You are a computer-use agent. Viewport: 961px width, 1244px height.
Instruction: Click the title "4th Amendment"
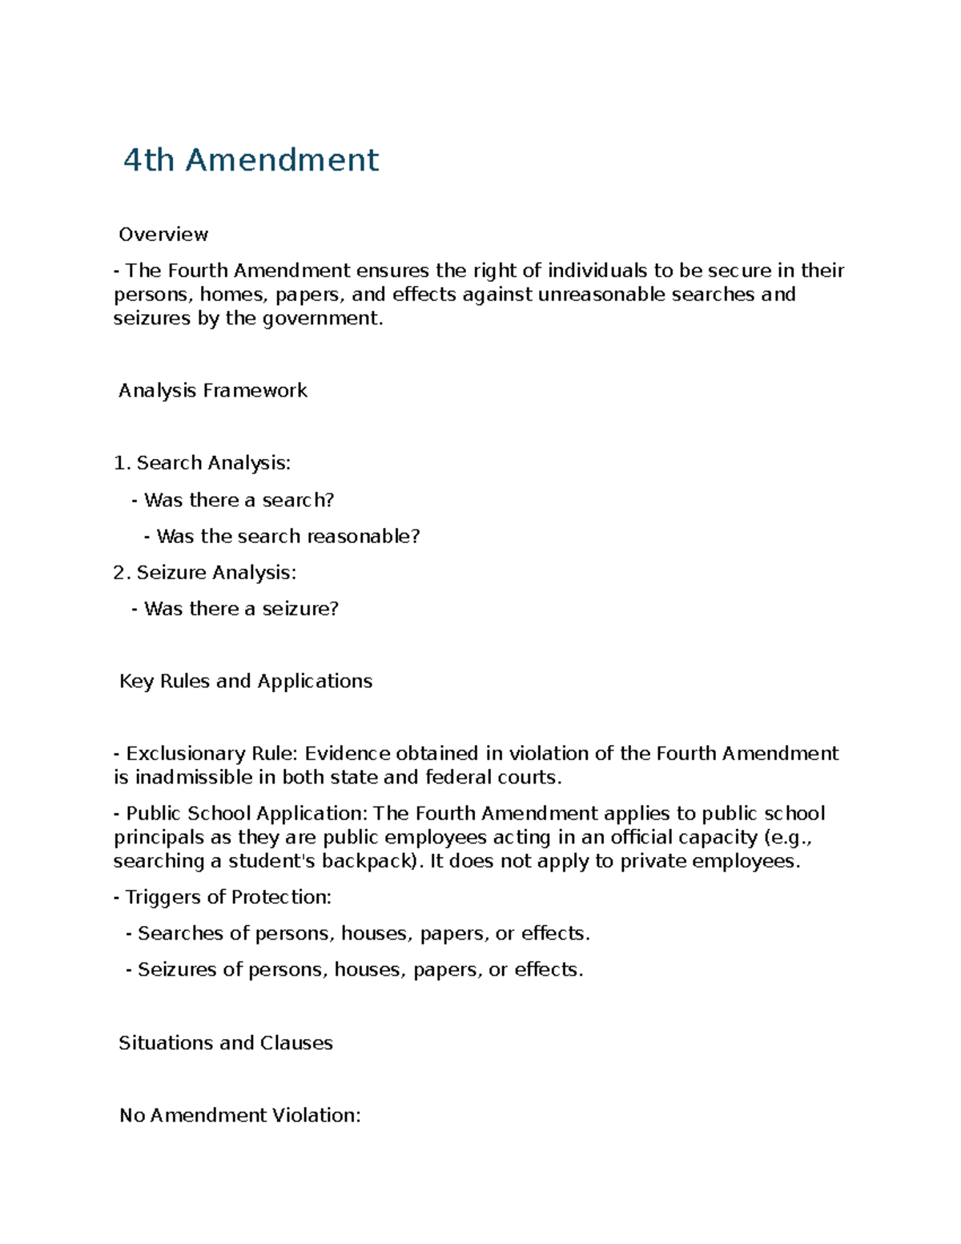coord(251,160)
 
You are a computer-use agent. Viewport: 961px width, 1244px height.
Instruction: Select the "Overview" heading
coord(163,235)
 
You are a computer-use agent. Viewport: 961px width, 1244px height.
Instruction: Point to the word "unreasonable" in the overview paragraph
coord(601,295)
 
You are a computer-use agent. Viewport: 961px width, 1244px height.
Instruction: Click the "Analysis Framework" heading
coord(213,391)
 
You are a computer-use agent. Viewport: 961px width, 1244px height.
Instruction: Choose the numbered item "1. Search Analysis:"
coord(202,463)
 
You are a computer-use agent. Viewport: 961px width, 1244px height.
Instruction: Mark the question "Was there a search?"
coord(239,500)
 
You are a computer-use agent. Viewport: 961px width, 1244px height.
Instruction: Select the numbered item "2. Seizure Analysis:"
coord(205,573)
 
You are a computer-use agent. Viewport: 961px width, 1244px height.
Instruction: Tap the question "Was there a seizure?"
coord(241,609)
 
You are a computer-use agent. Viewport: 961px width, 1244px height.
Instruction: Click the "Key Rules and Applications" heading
coord(246,681)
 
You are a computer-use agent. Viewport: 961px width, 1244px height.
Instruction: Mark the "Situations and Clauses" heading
coord(226,1043)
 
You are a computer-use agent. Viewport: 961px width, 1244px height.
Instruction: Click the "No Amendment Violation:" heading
coord(240,1115)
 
